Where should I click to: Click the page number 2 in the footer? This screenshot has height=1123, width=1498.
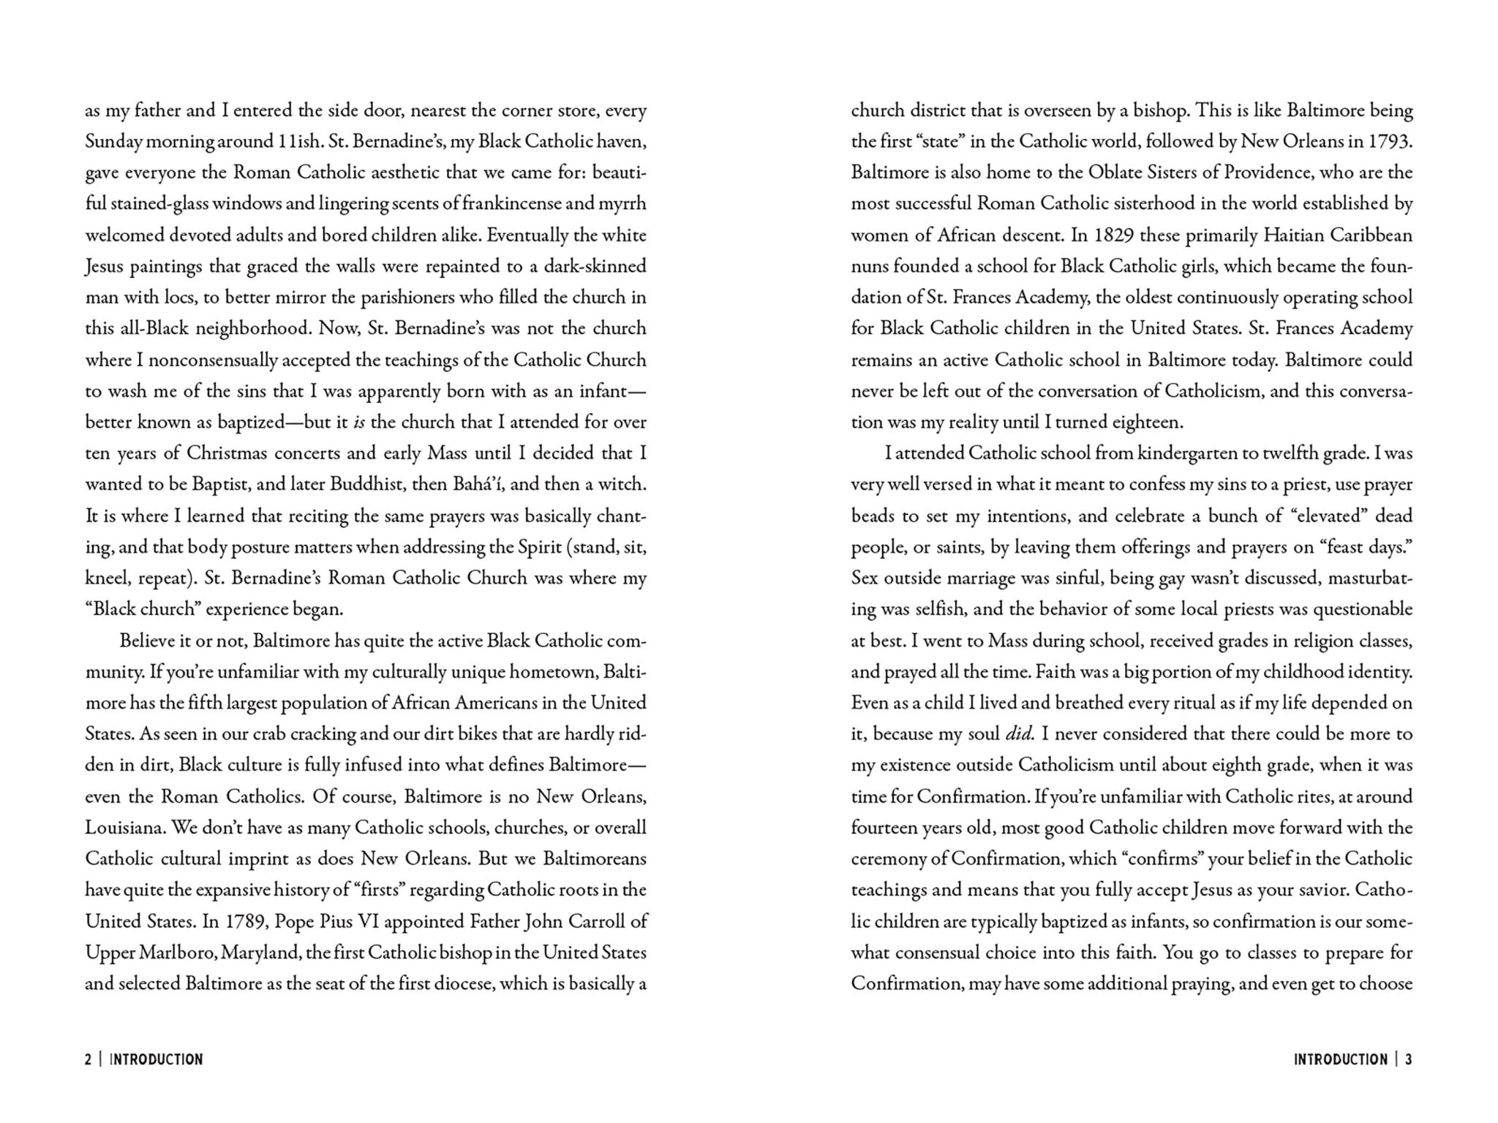[89, 1059]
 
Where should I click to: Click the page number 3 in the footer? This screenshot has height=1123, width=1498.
[1408, 1059]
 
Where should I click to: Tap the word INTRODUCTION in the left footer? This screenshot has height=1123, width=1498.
[157, 1059]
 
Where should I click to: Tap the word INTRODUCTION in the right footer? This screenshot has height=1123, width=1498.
[1340, 1059]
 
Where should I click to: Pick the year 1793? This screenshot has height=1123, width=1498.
[1390, 142]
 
